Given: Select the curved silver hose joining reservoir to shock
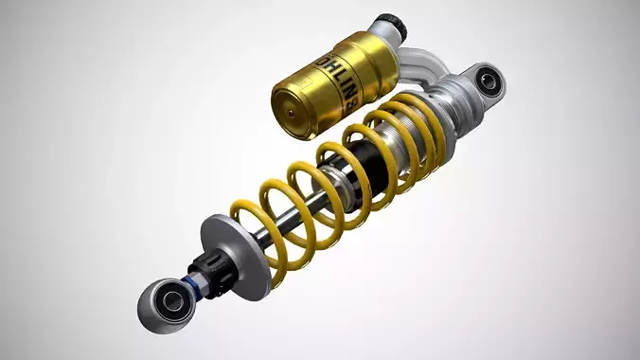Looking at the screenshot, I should (x=420, y=68).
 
